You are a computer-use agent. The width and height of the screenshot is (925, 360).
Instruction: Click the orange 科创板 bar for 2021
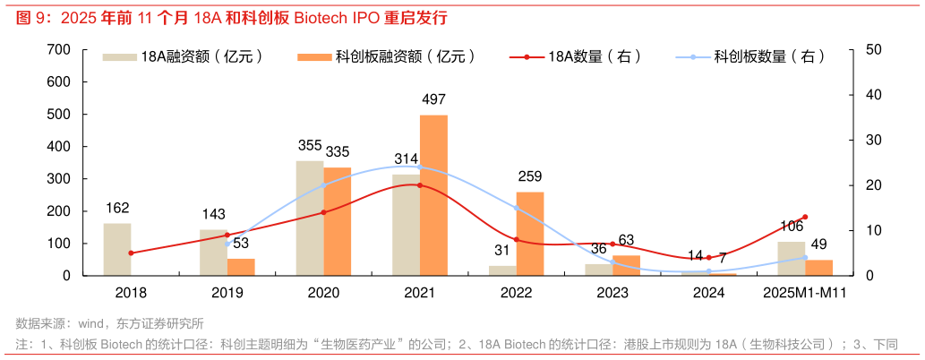point(433,195)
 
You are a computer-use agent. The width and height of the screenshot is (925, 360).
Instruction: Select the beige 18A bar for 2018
point(117,249)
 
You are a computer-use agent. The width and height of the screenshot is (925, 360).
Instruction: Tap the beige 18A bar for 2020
point(310,218)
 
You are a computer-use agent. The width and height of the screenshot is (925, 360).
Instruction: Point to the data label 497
point(433,99)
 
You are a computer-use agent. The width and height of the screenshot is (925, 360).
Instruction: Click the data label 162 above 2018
point(117,209)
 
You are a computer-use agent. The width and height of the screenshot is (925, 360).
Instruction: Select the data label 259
point(530,176)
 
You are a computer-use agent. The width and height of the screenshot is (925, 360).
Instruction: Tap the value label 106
point(792,226)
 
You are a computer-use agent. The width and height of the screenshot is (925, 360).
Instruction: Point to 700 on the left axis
point(58,49)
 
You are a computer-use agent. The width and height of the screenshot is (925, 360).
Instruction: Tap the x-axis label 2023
point(612,293)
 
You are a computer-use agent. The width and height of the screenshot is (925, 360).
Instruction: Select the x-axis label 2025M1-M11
point(805,293)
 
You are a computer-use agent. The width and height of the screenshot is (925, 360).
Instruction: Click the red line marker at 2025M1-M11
point(805,217)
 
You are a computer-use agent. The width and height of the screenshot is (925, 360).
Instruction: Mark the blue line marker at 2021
point(420,167)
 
